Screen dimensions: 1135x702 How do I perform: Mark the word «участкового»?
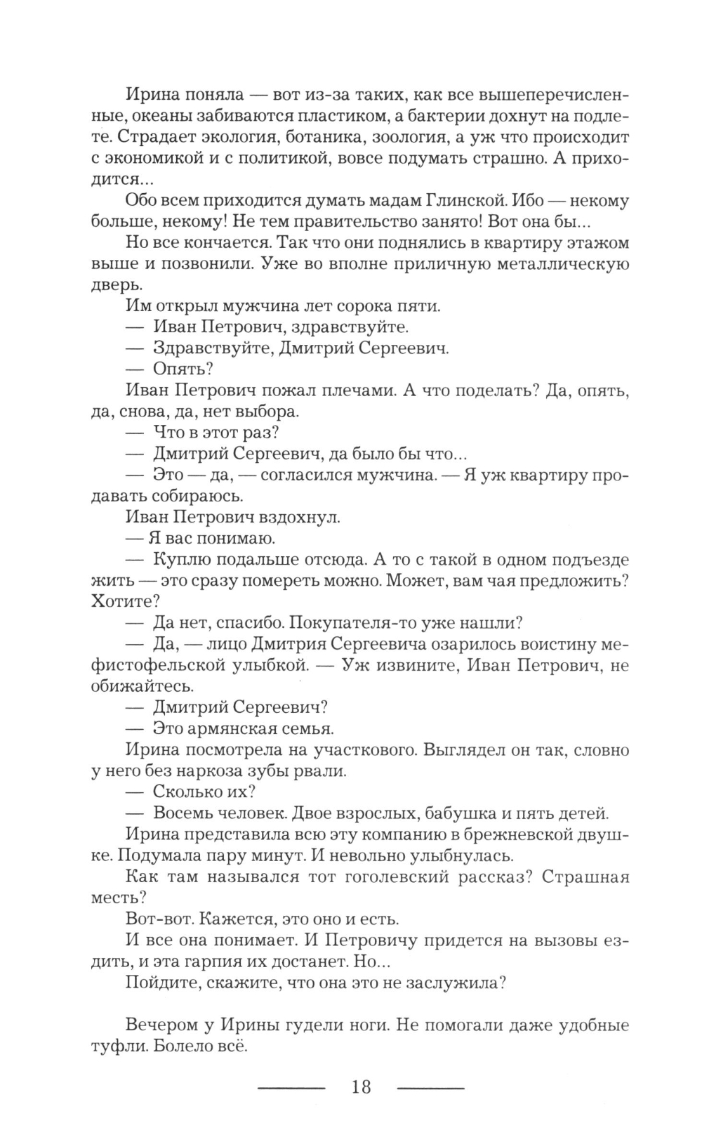(364, 749)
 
